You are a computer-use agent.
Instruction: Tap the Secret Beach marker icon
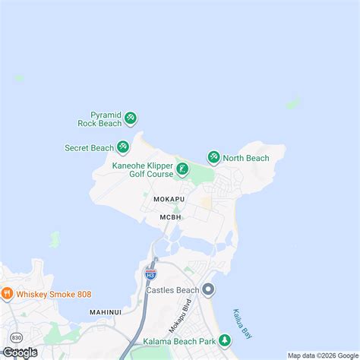(122, 147)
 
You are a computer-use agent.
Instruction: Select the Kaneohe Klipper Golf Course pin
(182, 169)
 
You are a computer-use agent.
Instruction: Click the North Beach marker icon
(213, 158)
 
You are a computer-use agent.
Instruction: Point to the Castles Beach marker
(209, 289)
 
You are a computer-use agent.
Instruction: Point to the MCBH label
(170, 218)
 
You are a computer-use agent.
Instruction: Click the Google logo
(21, 352)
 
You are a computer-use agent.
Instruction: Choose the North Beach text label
(246, 158)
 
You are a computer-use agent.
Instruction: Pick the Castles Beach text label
(172, 290)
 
